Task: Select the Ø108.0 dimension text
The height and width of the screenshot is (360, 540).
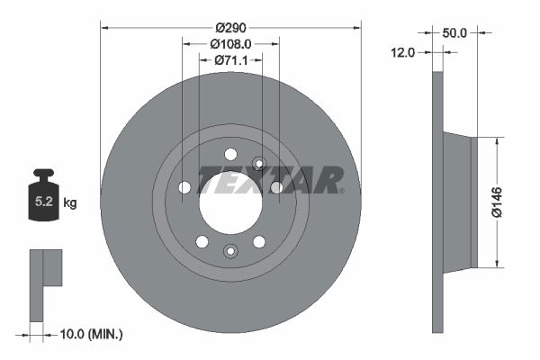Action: tap(230, 42)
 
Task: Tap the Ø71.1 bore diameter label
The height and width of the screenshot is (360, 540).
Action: tap(230, 60)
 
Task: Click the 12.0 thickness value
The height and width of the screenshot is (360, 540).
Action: tap(402, 52)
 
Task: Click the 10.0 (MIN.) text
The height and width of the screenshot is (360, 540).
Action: tap(91, 335)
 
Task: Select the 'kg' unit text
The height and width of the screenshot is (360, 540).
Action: tap(70, 203)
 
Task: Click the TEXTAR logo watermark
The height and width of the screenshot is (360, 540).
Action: tap(270, 180)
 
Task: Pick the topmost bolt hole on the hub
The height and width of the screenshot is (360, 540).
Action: tap(230, 153)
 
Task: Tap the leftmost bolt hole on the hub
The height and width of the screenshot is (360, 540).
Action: tap(184, 187)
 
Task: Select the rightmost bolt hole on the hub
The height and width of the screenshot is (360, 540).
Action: tap(276, 187)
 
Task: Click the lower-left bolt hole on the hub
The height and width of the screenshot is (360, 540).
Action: tap(202, 241)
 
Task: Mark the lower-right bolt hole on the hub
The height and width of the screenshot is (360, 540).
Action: tap(259, 241)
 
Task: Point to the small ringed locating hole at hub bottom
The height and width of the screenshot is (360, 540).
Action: tap(230, 251)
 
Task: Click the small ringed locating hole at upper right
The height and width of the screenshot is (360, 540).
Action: tap(259, 163)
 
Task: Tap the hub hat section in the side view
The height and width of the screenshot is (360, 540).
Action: tap(459, 202)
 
